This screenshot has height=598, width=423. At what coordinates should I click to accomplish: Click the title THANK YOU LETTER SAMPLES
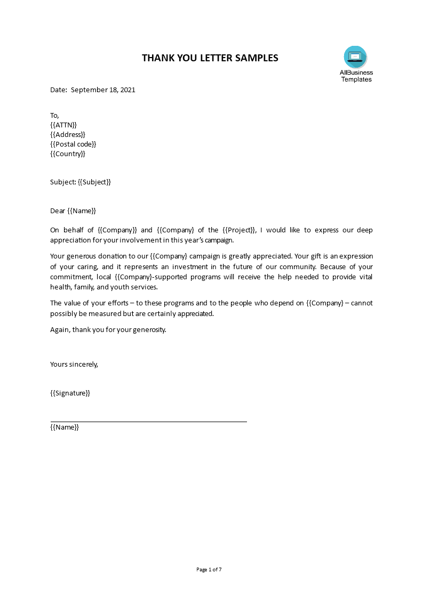pos(210,58)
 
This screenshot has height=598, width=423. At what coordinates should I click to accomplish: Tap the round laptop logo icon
pos(355,56)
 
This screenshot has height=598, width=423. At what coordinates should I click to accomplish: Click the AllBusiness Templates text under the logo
pos(356,76)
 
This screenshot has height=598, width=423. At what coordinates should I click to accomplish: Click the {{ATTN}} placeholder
pos(63,125)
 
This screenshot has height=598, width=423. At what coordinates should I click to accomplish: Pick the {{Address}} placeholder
pos(68,134)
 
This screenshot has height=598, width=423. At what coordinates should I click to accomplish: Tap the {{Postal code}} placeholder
pos(73,144)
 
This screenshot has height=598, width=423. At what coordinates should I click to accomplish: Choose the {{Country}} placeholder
pos(68,153)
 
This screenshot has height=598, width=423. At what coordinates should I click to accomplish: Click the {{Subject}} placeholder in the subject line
pos(94,182)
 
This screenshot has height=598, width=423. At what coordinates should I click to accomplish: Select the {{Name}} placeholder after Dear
pos(82,211)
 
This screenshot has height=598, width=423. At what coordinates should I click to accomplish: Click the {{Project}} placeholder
pos(239,230)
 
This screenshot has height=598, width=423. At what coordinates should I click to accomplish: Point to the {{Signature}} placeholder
pos(70,393)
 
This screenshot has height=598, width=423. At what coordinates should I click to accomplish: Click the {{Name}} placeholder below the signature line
pos(65,427)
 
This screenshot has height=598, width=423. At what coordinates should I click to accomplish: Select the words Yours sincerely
pos(74,365)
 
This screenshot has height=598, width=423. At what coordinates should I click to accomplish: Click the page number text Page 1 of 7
pos(209,569)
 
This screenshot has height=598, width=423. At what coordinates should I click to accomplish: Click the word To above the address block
pos(54,115)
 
